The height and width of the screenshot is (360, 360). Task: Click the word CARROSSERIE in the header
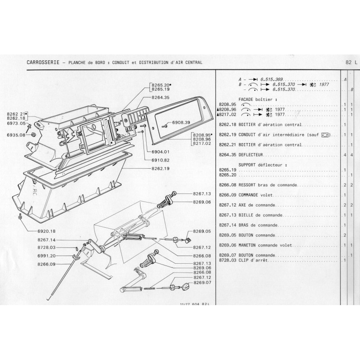pyautogui.click(x=43, y=62)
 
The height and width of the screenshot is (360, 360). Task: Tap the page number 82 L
pyautogui.click(x=351, y=62)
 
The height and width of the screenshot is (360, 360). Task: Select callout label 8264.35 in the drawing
pyautogui.click(x=161, y=97)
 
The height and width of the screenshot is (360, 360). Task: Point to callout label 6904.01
pyautogui.click(x=161, y=152)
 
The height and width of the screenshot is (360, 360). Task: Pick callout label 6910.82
pyautogui.click(x=161, y=160)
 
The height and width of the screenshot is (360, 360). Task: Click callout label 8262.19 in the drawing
pyautogui.click(x=161, y=168)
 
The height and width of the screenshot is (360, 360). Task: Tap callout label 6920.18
pyautogui.click(x=46, y=231)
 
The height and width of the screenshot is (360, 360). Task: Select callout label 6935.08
pyautogui.click(x=16, y=135)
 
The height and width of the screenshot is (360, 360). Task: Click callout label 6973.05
pyautogui.click(x=16, y=123)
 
